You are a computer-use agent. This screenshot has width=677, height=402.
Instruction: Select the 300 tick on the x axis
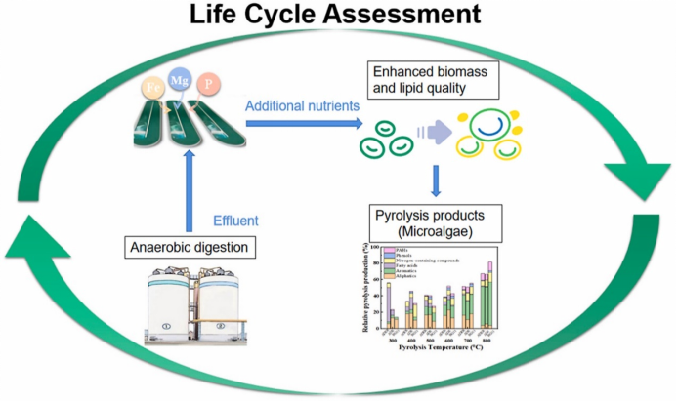point(393,338)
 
